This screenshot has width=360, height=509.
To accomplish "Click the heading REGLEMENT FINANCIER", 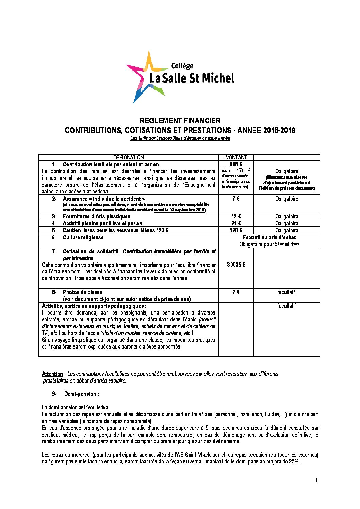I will pyautogui.click(x=180, y=121).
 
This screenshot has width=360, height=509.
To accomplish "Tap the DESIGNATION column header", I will pyautogui.click(x=128, y=157).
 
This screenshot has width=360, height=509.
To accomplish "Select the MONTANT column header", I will pyautogui.click(x=236, y=157).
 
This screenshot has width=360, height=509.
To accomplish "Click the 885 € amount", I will pyautogui.click(x=236, y=164).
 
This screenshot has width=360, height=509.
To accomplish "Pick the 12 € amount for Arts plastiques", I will pyautogui.click(x=236, y=216).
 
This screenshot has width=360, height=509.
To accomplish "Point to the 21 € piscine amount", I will pyautogui.click(x=236, y=223).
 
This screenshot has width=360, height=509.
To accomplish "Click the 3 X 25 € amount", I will pyautogui.click(x=236, y=265).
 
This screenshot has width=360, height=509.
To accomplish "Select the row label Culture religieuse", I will pyautogui.click(x=83, y=237).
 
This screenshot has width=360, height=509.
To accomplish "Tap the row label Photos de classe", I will pyautogui.click(x=82, y=292).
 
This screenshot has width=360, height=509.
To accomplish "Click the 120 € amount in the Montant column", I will pyautogui.click(x=236, y=230).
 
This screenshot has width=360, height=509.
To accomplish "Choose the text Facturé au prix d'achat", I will pyautogui.click(x=269, y=237).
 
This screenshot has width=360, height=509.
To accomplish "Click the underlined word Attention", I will pyautogui.click(x=52, y=374).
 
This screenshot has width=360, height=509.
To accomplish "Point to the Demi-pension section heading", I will pyautogui.click(x=81, y=394).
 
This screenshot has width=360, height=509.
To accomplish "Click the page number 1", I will pyautogui.click(x=316, y=480).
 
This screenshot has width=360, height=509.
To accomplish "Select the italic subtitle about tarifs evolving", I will pyautogui.click(x=180, y=138).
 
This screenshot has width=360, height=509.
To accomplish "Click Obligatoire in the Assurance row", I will pyautogui.click(x=287, y=199).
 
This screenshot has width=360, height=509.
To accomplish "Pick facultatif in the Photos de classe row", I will pyautogui.click(x=287, y=292).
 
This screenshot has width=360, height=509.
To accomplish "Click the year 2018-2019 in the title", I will pyautogui.click(x=279, y=130).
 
